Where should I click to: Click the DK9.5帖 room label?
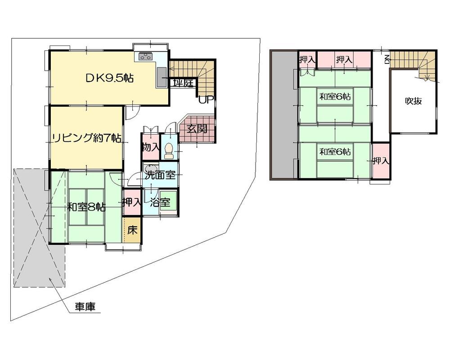(x=109, y=78)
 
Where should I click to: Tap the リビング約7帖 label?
(x=86, y=139)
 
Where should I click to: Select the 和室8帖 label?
(x=86, y=207)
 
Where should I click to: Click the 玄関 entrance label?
(x=197, y=130)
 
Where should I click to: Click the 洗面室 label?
(x=160, y=175)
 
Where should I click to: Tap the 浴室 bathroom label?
(x=160, y=202)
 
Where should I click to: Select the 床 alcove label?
(x=132, y=230)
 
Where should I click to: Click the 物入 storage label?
(x=150, y=147)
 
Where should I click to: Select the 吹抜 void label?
(x=413, y=101)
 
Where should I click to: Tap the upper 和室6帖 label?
(x=336, y=96)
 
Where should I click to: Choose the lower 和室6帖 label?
(x=336, y=152)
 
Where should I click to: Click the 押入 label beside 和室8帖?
(x=132, y=202)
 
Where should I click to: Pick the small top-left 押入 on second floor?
(x=307, y=59)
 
